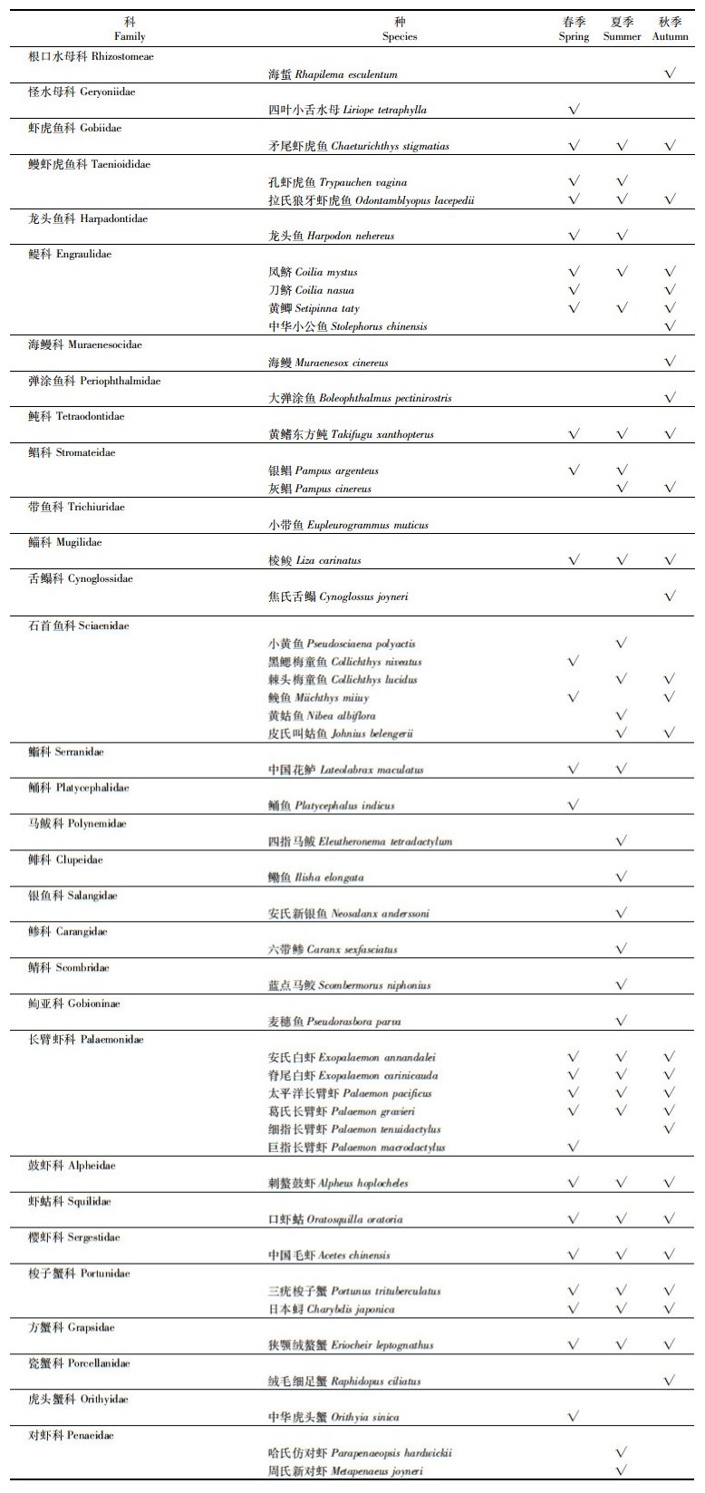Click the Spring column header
(574, 29)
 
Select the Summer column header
(622, 29)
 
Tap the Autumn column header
(671, 29)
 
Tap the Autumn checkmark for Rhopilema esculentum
(671, 73)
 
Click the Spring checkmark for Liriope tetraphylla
(574, 110)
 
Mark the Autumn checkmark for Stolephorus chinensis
(671, 326)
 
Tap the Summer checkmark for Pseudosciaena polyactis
(622, 643)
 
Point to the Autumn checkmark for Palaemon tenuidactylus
(671, 1129)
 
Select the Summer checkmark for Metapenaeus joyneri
(622, 1470)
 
